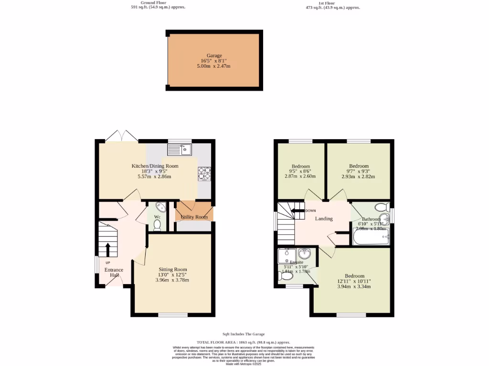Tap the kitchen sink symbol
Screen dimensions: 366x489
pos(179,150)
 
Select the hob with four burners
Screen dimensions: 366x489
pos(204,173)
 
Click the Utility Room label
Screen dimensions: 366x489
pos(194,217)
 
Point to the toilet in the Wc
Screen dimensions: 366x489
pos(157,224)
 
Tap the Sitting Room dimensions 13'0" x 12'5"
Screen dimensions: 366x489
pos(173,274)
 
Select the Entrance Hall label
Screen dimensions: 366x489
pos(114,273)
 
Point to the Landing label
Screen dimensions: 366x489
pos(323,219)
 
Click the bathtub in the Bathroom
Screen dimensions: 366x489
pos(371,237)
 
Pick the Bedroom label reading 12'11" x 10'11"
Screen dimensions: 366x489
pos(354,276)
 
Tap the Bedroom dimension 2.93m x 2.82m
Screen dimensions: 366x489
pos(358,176)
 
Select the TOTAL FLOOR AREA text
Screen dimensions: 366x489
pos(243,342)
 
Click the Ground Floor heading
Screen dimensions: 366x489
pos(153,2)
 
